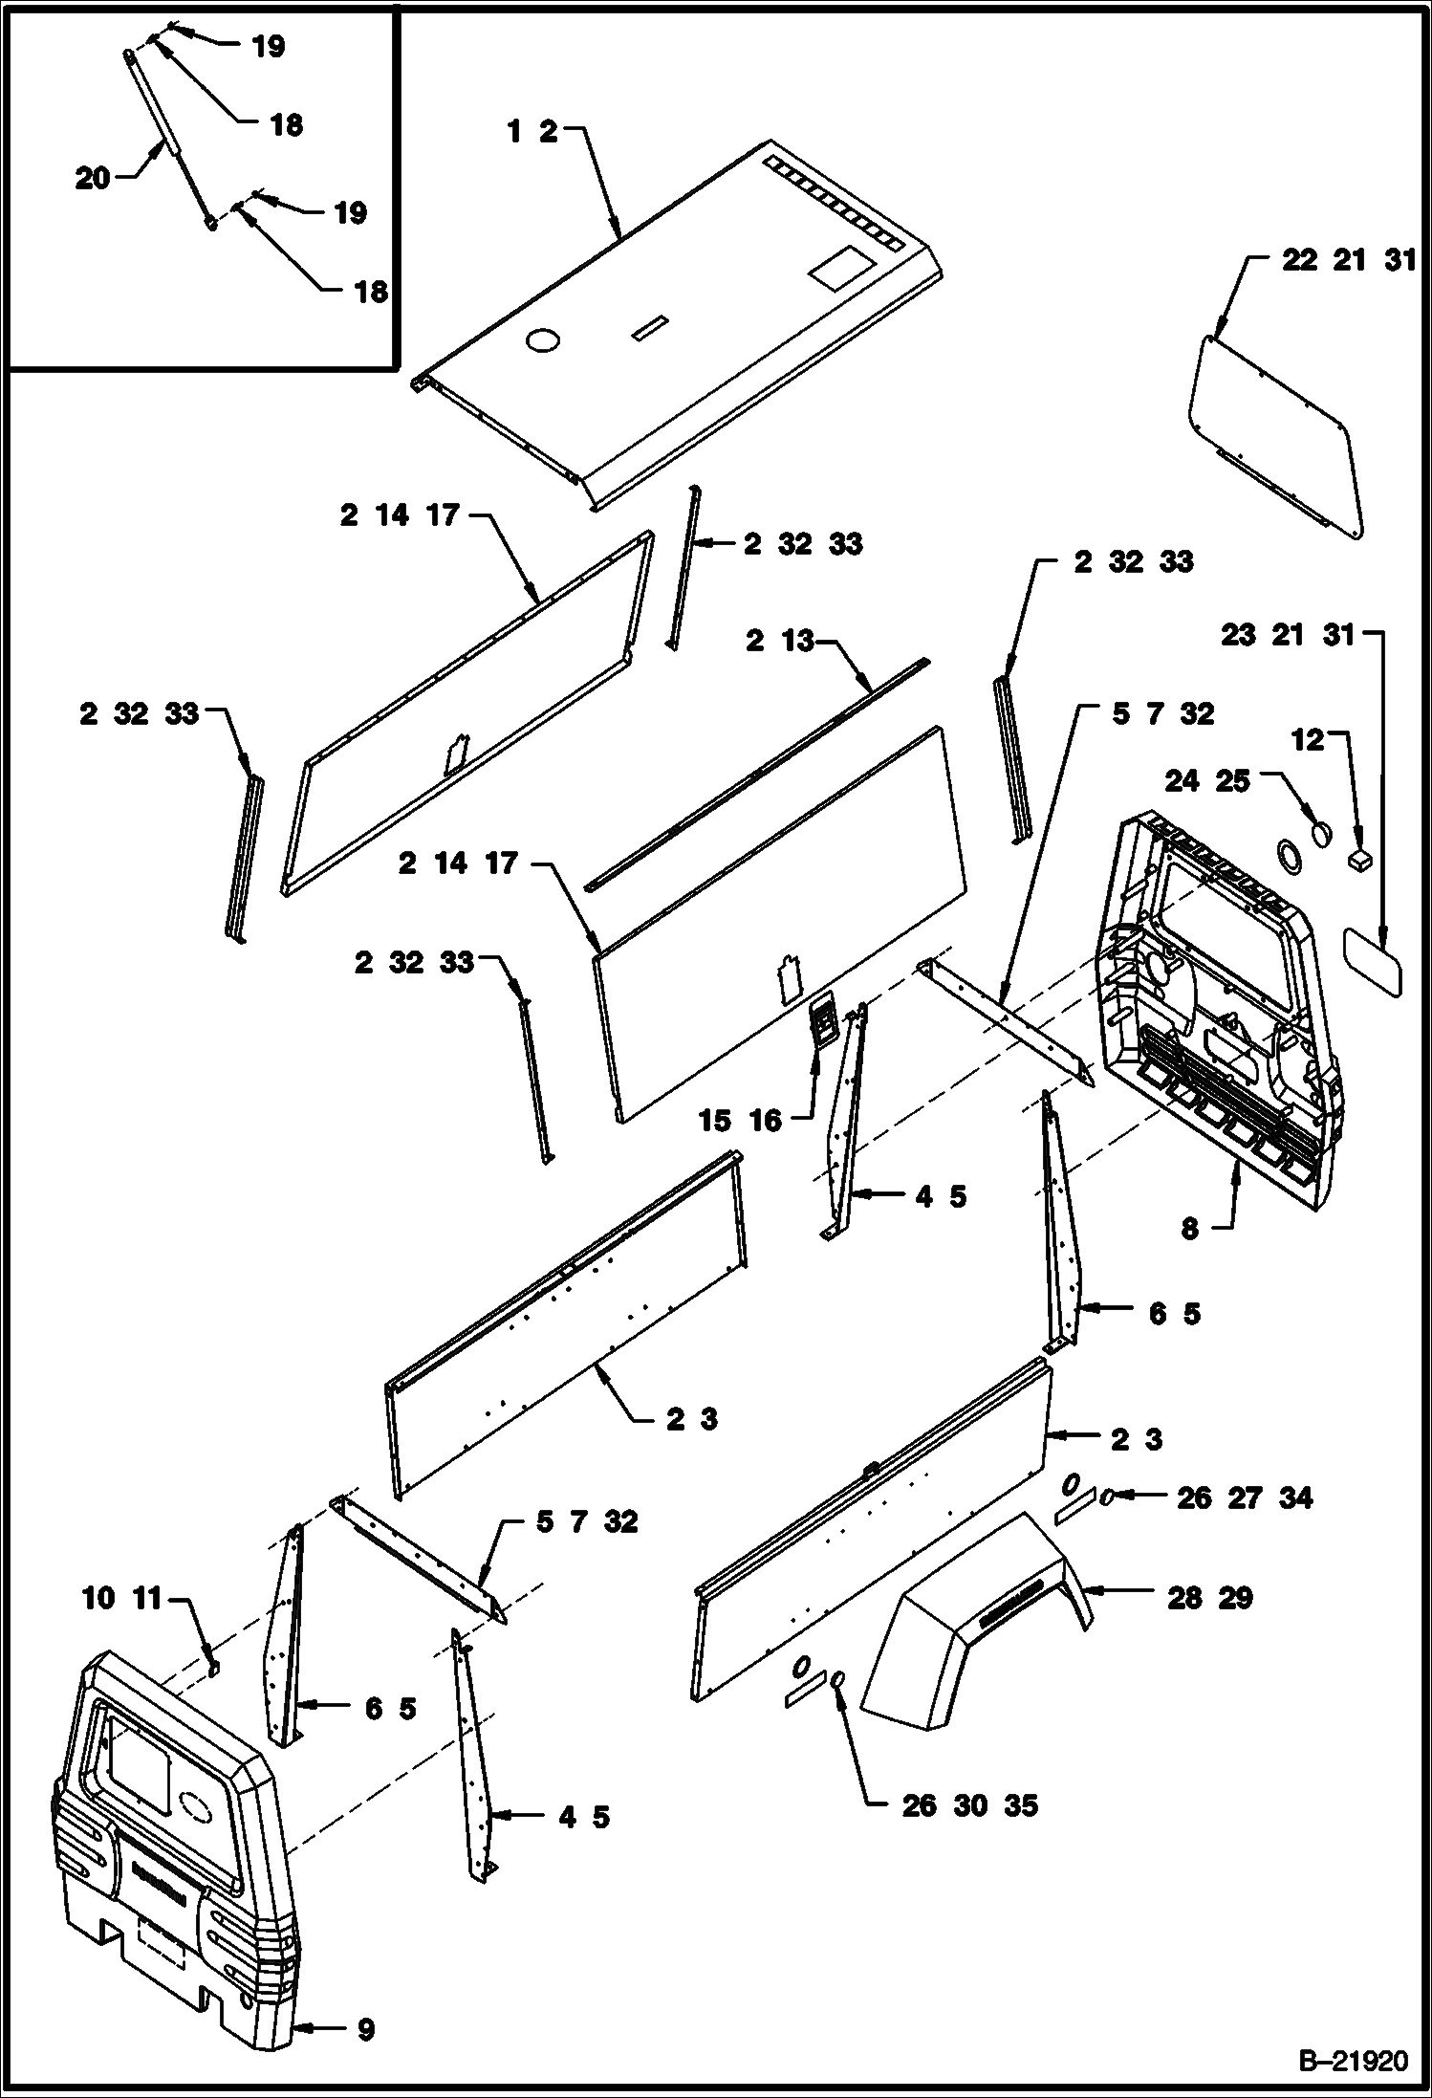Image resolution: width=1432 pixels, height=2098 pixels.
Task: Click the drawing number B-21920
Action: pyautogui.click(x=1352, y=2059)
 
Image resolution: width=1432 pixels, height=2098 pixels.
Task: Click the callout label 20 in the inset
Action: pyautogui.click(x=93, y=178)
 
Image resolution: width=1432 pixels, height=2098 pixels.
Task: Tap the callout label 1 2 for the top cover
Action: pyautogui.click(x=532, y=132)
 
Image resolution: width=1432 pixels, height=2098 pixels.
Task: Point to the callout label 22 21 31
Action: pyautogui.click(x=1348, y=260)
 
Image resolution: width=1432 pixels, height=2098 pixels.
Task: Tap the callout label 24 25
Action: pyautogui.click(x=1207, y=780)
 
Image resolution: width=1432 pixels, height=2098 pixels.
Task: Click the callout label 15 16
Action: pyautogui.click(x=740, y=1120)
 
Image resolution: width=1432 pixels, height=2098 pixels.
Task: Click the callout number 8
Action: pyautogui.click(x=1189, y=1228)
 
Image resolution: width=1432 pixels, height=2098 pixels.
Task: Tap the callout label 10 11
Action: pyautogui.click(x=122, y=1598)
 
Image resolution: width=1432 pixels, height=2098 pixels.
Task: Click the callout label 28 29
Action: pyautogui.click(x=1209, y=1598)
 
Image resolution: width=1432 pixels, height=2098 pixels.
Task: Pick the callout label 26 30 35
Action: pyautogui.click(x=970, y=1805)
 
